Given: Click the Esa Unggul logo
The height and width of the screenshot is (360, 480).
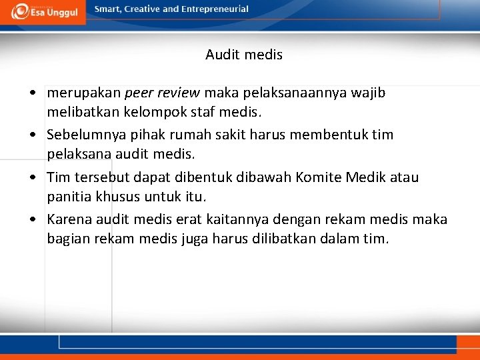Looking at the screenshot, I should tap(43, 11).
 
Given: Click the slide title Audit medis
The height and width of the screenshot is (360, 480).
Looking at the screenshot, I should tap(244, 55).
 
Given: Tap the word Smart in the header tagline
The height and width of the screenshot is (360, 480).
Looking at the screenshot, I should tap(108, 9).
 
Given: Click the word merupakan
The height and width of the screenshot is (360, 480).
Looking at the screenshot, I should tap(84, 93).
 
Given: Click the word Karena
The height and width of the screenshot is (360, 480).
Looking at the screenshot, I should tap(69, 219).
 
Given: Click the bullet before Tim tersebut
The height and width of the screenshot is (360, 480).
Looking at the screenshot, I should tap(32, 178).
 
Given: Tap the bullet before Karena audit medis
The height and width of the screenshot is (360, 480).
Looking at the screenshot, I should tap(32, 220).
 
